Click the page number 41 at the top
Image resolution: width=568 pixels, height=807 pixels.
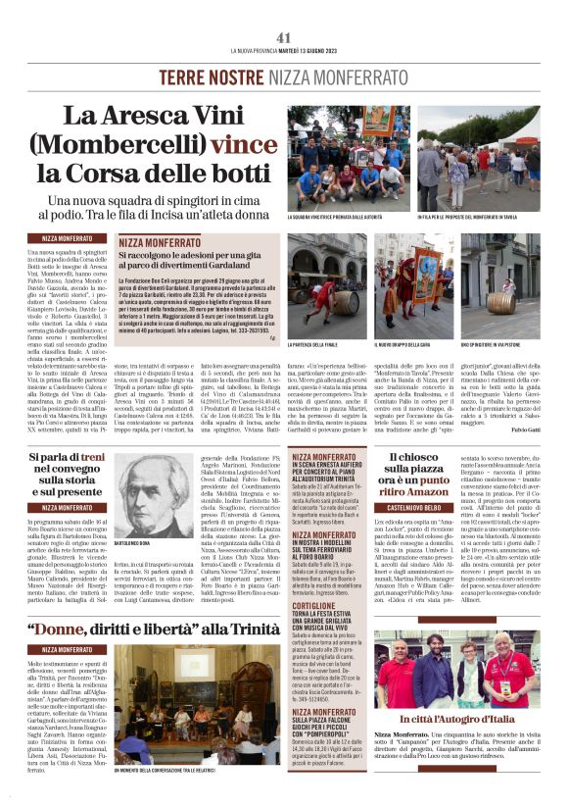(284, 37)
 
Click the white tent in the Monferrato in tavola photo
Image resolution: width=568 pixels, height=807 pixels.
(521, 127)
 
